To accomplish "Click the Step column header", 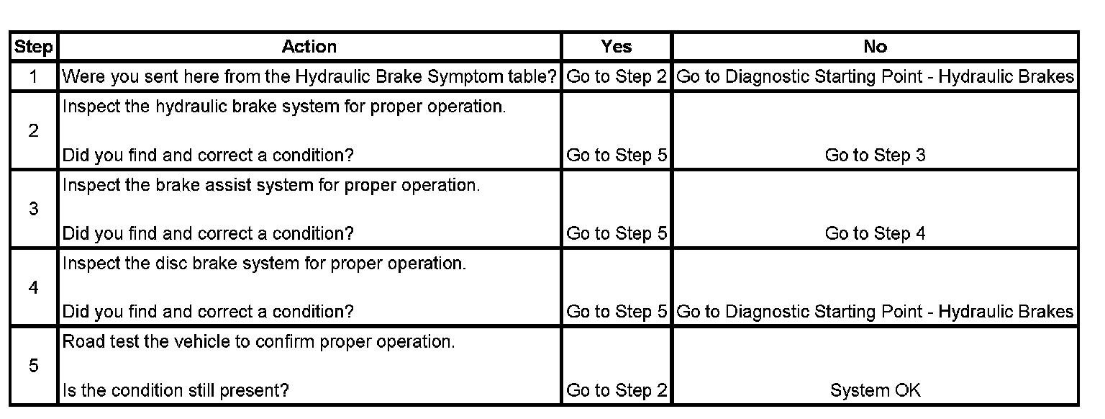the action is coord(34,48).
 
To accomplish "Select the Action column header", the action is coord(309,47).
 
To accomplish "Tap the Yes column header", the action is coord(617,47).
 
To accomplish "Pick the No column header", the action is coord(875,47).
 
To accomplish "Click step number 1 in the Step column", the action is coord(34,76).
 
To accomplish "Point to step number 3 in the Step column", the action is coord(34,209).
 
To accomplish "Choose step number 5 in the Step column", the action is coord(34,366).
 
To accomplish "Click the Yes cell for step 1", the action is coord(617,76).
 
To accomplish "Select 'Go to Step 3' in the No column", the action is coord(875,156).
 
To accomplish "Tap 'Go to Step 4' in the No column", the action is coord(875,233).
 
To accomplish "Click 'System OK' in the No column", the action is coord(875,390).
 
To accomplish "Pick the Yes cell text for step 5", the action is coord(617,390).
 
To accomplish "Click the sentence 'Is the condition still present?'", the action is coord(176,390).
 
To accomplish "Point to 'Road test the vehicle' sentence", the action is coord(259,341).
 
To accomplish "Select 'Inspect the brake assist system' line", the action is coord(270,185).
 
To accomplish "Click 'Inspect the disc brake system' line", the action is coord(264,263).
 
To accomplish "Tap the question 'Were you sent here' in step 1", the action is coord(309,76).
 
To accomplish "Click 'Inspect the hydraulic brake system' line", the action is coord(284,107).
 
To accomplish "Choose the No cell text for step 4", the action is coord(875,312).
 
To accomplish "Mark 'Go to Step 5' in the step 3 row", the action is coord(617,233).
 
